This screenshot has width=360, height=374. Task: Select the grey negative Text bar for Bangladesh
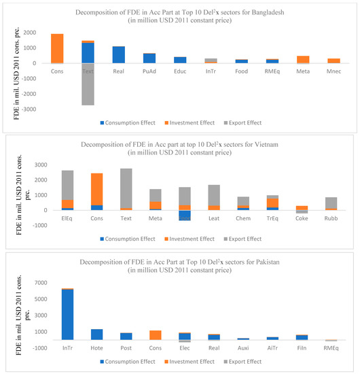coord(88,85)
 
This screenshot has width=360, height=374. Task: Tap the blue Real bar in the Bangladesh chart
coord(118,55)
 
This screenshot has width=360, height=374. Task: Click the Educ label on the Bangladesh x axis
coord(179,70)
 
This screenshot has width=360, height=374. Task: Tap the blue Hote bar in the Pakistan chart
coord(97,334)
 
